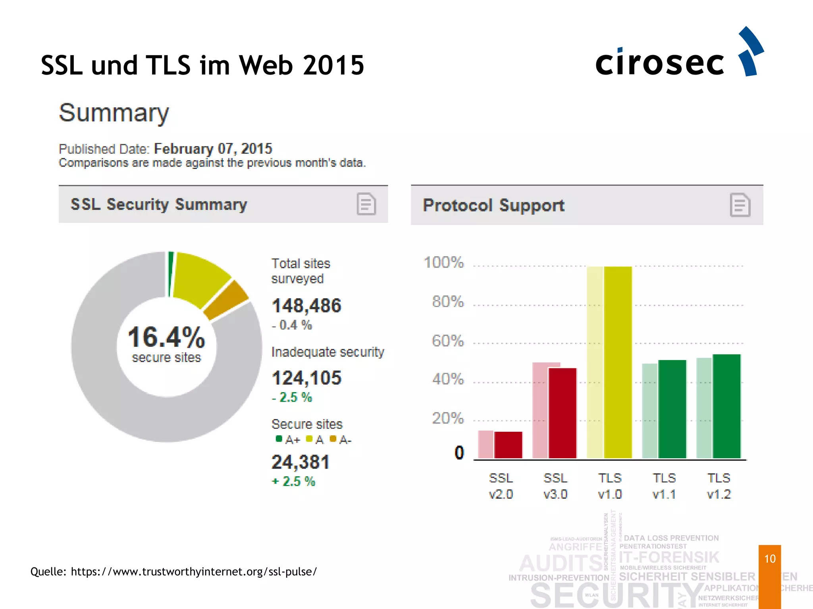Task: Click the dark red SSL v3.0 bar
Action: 563,413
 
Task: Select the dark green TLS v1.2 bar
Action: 726,406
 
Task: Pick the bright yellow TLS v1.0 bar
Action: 618,362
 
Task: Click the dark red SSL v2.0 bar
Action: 508,445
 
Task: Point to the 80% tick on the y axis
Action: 448,302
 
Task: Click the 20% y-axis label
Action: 447,418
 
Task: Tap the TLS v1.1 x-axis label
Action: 664,486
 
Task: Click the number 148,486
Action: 306,306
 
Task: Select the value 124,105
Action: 306,378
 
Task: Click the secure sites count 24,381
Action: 301,462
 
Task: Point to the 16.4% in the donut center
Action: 166,337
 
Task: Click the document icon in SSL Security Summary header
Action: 366,204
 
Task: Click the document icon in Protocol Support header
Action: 740,205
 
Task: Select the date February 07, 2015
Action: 213,149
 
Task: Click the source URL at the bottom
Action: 194,571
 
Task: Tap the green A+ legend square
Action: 279,439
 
